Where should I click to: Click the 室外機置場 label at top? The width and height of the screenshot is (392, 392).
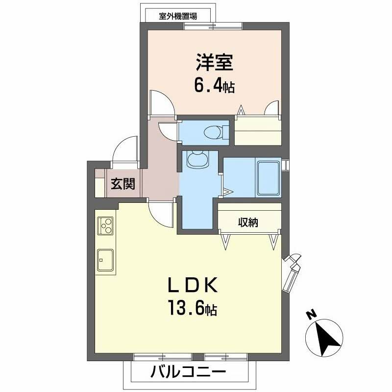coord(178,16)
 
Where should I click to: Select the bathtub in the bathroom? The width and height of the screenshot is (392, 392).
coord(268,177)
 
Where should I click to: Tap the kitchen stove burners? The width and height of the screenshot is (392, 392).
coord(105,225)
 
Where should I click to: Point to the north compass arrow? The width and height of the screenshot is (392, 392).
coord(324,338)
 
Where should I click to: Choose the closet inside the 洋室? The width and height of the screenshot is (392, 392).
coord(258,130)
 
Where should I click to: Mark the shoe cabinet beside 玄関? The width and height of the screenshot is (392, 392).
coord(99,183)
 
